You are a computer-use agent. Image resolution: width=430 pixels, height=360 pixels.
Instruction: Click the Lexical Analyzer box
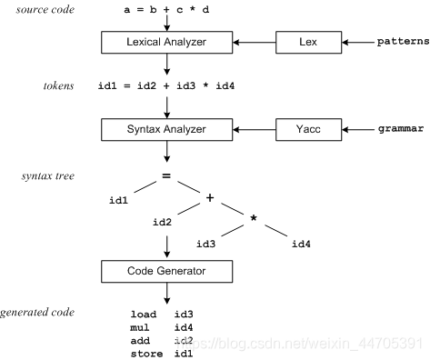click(167, 43)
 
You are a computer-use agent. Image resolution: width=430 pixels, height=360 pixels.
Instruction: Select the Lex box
click(301, 43)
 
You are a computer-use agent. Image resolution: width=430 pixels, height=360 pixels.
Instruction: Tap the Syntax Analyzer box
click(167, 130)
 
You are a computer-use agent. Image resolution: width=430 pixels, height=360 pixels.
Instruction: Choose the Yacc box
click(301, 130)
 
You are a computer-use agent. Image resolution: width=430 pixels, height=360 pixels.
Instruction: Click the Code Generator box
click(167, 272)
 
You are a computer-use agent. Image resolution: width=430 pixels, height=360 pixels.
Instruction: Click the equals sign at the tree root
click(167, 176)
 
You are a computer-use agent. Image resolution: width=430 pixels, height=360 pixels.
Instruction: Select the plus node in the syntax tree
click(210, 198)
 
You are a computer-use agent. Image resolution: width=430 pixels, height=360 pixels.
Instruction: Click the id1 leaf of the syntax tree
click(118, 198)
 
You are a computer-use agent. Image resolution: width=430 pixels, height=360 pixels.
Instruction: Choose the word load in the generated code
click(144, 315)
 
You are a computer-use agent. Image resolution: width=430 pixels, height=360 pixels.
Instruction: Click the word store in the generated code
click(146, 353)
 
